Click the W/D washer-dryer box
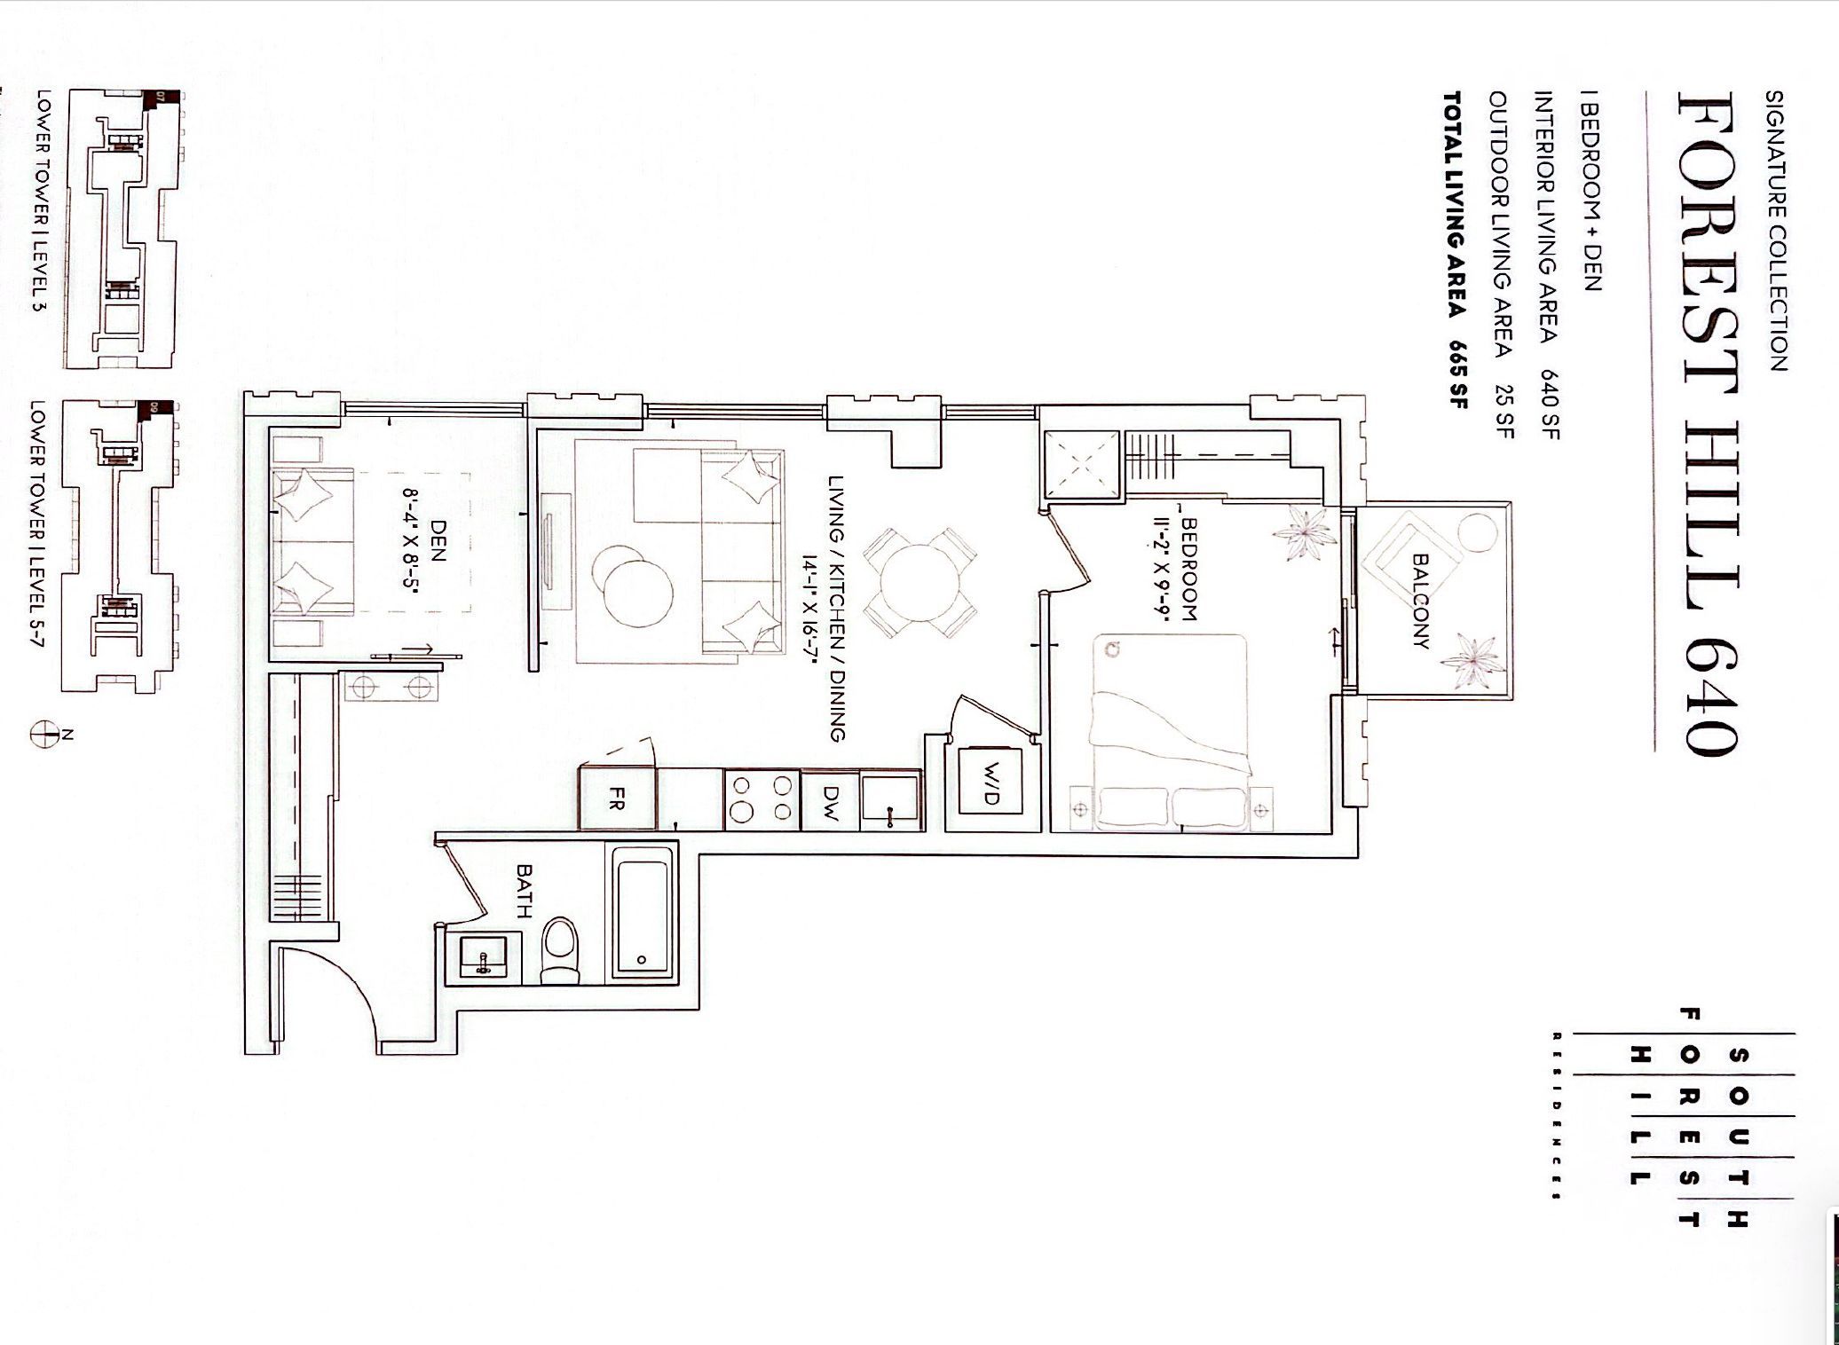pyautogui.click(x=991, y=786)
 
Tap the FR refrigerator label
pyautogui.click(x=618, y=799)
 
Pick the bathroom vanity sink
pyautogui.click(x=484, y=957)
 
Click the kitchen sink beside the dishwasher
pyautogui.click(x=891, y=800)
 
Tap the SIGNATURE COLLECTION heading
pyautogui.click(x=1773, y=231)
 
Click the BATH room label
pyautogui.click(x=525, y=892)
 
